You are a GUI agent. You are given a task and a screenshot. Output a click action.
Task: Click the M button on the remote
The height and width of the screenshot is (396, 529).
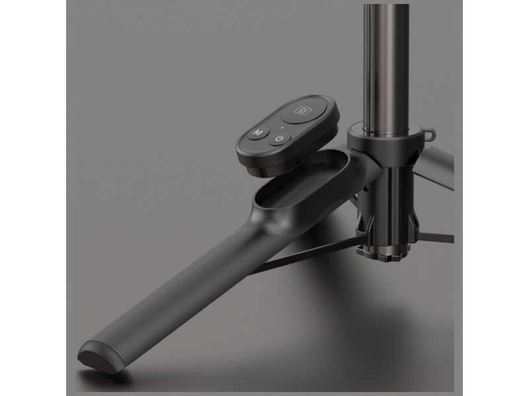click(259, 133)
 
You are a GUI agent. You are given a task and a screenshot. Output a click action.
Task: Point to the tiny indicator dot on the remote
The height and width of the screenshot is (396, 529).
click(282, 127)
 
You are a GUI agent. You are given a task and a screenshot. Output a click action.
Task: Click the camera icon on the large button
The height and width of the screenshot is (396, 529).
click(303, 110)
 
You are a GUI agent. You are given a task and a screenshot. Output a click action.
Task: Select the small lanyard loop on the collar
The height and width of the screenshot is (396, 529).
click(428, 134)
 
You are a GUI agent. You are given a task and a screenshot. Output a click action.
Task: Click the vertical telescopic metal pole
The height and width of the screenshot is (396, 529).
click(387, 67)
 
